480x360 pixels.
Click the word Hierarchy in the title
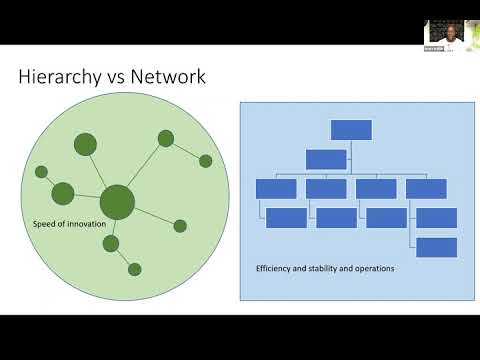60,77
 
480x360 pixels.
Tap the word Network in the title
169,77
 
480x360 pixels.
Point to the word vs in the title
117,77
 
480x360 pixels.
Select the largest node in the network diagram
117,201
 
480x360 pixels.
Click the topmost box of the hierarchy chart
351,129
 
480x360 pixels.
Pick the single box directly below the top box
326,158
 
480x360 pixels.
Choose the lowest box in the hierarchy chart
436,247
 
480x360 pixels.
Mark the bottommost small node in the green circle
135,268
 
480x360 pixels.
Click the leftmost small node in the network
41,172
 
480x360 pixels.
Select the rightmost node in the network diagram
205,160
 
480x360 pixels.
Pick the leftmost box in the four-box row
276,188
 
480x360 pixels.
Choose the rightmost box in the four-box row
426,188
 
